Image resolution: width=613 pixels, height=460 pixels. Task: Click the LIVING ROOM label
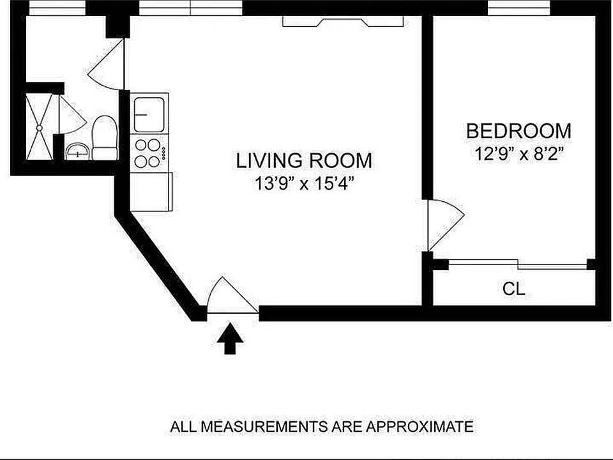[x=304, y=160]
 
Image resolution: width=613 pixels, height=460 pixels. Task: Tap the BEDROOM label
[x=518, y=131]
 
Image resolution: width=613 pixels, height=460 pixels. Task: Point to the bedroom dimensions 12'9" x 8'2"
[x=518, y=154]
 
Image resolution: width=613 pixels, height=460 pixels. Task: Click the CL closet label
[x=513, y=289]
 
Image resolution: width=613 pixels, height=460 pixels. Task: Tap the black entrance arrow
[x=231, y=339]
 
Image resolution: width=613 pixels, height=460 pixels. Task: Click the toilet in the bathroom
[x=105, y=137]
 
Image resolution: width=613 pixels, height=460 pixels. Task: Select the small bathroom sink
[x=78, y=152]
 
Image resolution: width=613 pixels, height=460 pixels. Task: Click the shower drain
[x=39, y=128]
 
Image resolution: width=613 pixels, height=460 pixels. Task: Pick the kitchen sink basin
[x=149, y=114]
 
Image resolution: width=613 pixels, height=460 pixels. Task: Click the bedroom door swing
[x=446, y=225]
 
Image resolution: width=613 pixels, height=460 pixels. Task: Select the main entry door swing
[x=232, y=295]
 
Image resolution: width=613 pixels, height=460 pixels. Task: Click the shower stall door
[x=72, y=114]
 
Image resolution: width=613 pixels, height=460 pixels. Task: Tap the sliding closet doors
[x=518, y=264]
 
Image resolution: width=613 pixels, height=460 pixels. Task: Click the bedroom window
[x=519, y=8]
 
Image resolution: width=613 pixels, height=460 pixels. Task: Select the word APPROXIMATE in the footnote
[x=420, y=426]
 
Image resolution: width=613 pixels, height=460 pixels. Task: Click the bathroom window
[x=57, y=8]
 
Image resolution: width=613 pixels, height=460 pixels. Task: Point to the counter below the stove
[x=151, y=192]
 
